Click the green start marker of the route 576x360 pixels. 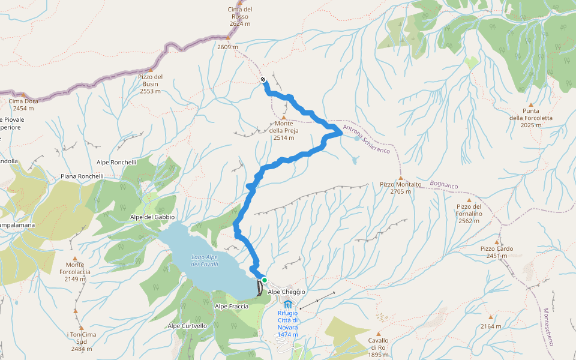tap(264, 280)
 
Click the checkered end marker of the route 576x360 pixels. tap(263, 80)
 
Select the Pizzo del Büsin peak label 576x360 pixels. tap(150, 80)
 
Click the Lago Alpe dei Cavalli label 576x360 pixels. tap(205, 260)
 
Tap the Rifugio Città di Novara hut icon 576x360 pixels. tap(287, 305)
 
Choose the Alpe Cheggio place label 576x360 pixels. tap(287, 292)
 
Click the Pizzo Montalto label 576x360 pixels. tap(400, 184)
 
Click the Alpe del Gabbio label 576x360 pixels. tap(152, 217)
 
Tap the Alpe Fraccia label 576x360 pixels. tap(232, 306)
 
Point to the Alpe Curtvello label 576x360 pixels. tap(188, 326)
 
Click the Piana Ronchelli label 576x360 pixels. tap(82, 176)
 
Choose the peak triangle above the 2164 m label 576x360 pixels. tap(490, 317)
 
